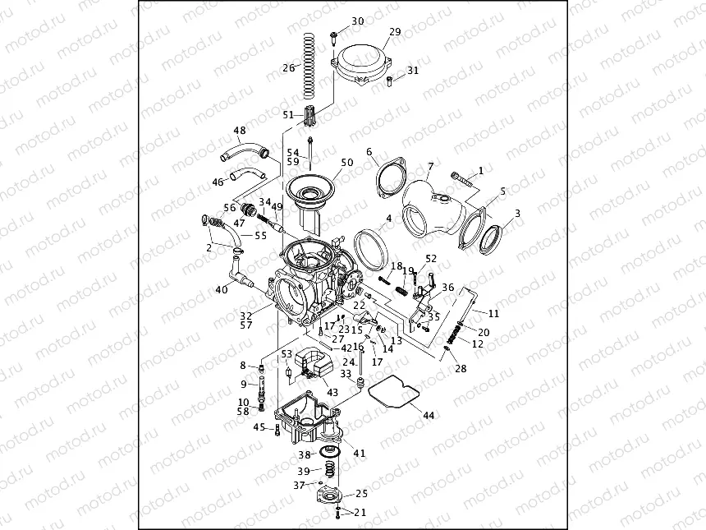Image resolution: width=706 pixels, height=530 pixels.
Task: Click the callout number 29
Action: tap(395, 32)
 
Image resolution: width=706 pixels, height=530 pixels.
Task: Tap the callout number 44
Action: tap(428, 416)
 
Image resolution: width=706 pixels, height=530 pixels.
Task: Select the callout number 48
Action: tap(239, 131)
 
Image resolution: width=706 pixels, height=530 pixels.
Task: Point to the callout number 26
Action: tap(288, 68)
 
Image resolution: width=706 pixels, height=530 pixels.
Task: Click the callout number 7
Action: tap(430, 167)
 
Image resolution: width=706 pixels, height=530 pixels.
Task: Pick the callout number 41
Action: tap(359, 453)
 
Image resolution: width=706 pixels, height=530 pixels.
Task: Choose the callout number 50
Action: tap(347, 163)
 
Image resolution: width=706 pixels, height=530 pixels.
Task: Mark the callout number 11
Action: tap(493, 313)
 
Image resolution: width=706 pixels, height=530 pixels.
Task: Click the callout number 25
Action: tap(362, 494)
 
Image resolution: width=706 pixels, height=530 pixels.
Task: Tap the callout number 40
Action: tap(222, 289)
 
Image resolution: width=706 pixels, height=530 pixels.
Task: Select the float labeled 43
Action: tap(312, 364)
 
